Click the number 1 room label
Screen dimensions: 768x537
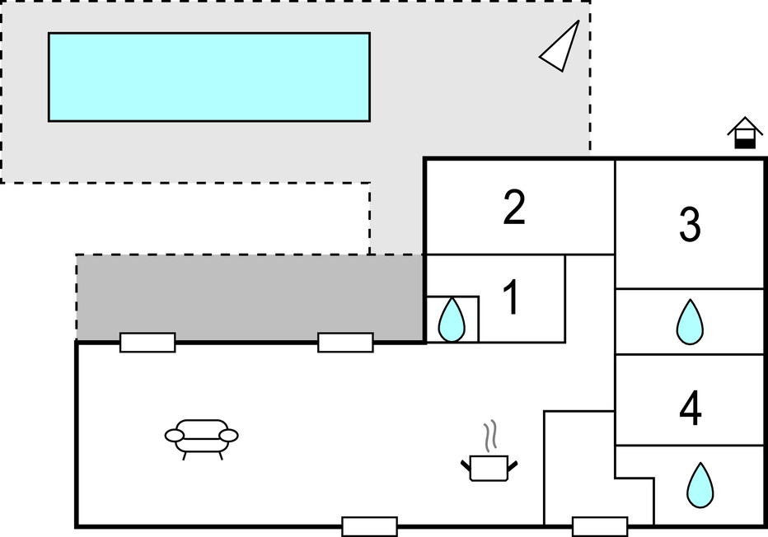511,297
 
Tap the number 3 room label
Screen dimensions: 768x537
690,224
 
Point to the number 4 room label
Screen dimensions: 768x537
690,409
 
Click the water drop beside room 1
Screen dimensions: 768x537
451,320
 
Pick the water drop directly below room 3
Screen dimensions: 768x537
690,321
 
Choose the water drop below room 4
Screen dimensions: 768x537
700,484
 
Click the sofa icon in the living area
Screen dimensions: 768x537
201,439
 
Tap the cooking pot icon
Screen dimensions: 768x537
489,468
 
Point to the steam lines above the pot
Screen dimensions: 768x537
490,436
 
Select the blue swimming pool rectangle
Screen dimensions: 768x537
209,77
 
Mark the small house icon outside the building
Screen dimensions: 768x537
745,132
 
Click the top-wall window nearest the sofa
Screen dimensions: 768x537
148,343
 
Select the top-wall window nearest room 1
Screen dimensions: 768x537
345,343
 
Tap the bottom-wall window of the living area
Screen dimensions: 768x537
369,527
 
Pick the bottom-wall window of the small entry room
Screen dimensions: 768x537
600,527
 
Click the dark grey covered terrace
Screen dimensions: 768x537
250,297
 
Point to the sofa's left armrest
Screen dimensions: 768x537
175,435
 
